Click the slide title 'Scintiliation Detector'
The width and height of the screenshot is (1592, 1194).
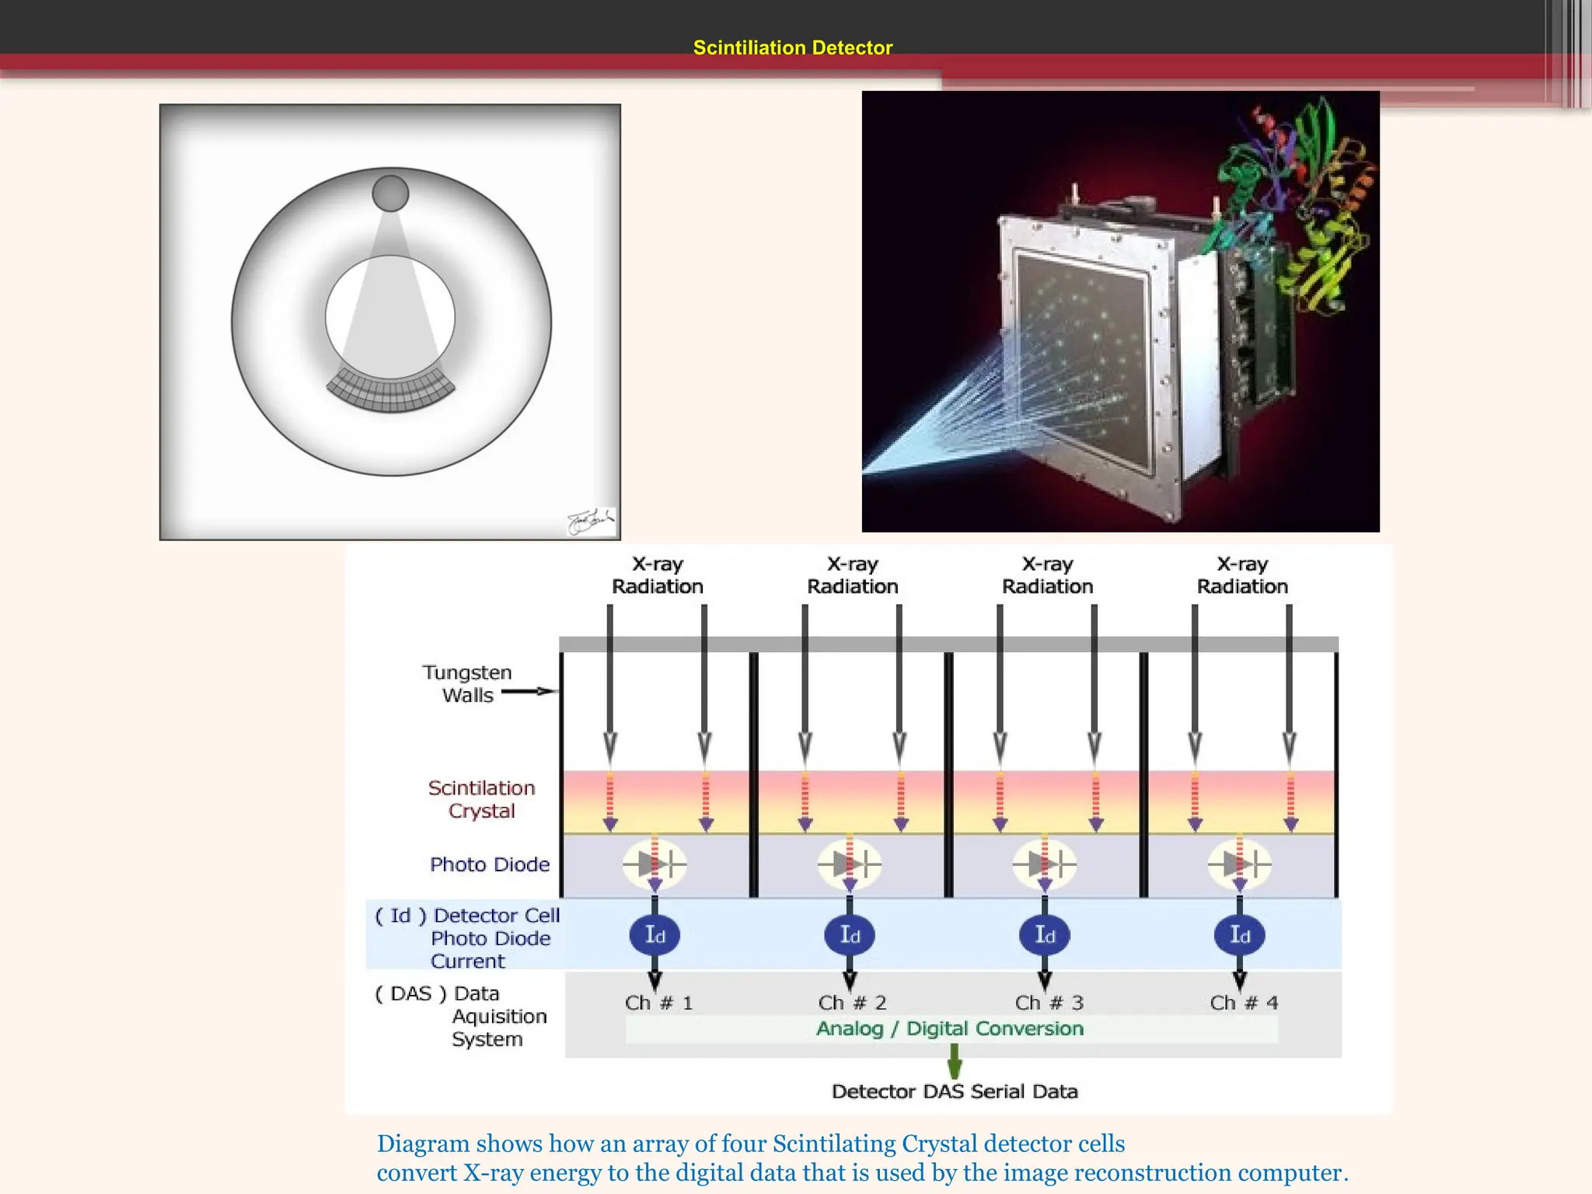click(792, 48)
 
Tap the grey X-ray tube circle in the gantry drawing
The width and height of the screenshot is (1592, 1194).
click(390, 194)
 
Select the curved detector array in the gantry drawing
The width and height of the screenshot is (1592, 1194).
click(390, 389)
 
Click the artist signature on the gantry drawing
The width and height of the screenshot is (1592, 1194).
click(591, 522)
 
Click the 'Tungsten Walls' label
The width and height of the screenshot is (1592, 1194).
click(467, 683)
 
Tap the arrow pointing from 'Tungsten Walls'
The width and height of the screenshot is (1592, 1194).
click(529, 691)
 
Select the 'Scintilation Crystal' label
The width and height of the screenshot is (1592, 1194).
click(481, 799)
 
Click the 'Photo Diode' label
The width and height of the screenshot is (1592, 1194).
click(489, 864)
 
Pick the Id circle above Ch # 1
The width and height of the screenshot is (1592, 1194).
click(655, 935)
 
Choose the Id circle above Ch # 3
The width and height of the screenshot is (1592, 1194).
click(1045, 935)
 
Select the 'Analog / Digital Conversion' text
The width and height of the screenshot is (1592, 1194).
click(949, 1028)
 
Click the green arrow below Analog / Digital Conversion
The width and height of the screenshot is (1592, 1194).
click(955, 1060)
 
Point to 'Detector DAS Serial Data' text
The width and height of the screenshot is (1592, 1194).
click(955, 1091)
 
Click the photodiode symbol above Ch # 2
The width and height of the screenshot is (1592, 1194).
click(849, 864)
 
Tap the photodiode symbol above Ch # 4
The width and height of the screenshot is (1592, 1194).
click(1239, 864)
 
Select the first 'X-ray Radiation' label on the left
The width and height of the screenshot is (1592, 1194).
click(658, 575)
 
